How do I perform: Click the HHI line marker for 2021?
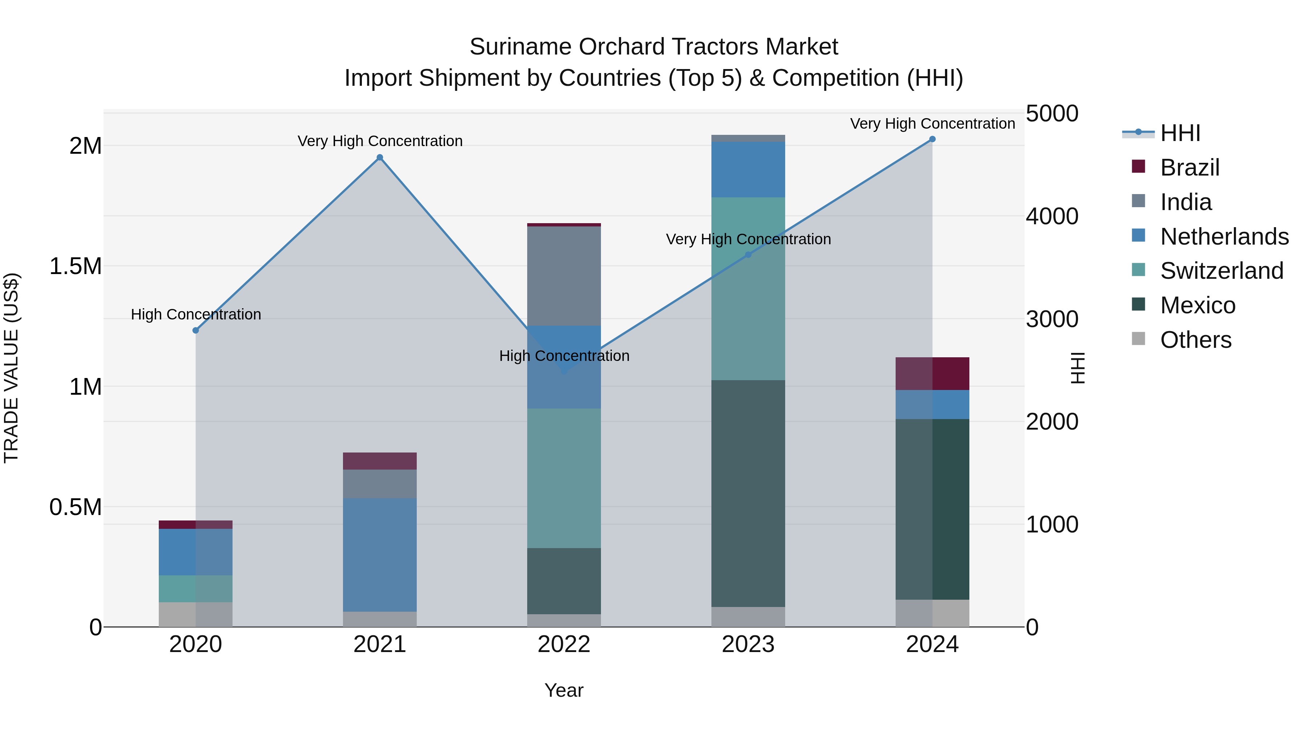coord(379,157)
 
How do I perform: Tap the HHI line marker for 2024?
coord(932,139)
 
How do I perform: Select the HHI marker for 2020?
coord(195,331)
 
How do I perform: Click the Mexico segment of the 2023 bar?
coord(748,493)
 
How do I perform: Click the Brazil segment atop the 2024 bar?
coord(932,374)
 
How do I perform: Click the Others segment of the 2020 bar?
coord(195,614)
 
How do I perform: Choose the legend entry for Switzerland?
coord(1221,271)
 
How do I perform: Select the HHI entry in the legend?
coord(1180,133)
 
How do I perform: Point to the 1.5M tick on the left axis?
coord(75,266)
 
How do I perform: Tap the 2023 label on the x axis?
coord(748,644)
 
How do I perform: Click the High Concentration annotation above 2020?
coord(196,314)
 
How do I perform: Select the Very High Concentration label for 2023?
coord(748,239)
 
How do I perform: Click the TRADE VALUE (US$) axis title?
coord(11,368)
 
